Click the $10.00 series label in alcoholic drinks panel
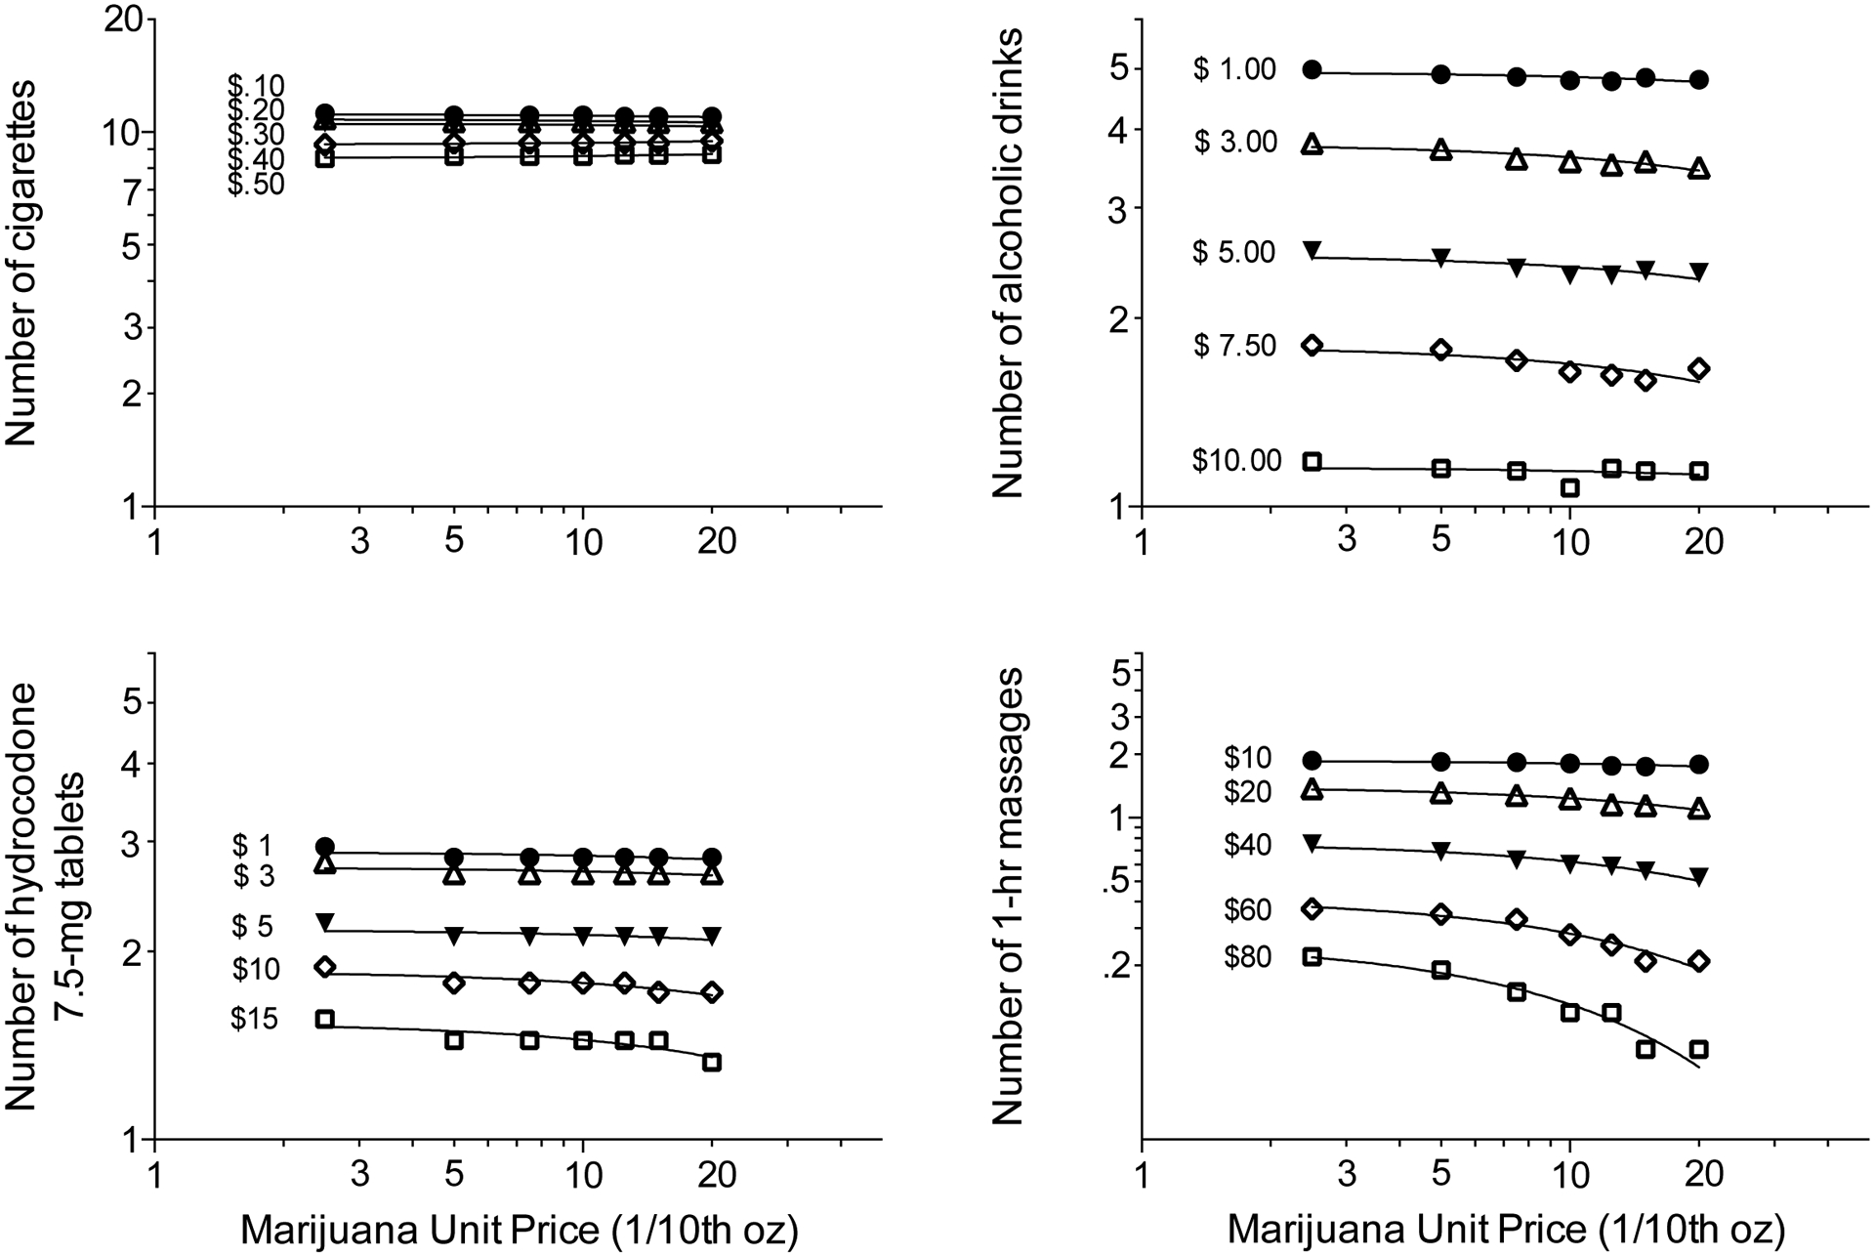(1236, 460)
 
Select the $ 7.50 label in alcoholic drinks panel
(1234, 346)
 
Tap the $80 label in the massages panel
(1247, 957)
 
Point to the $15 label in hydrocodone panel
(255, 1020)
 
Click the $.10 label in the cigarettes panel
(256, 86)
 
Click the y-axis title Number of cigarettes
(21, 264)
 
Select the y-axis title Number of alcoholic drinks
(1008, 264)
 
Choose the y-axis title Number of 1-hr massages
(1008, 896)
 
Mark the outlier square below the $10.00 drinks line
(1570, 487)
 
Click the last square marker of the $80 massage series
(1699, 1049)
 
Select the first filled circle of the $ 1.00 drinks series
(1312, 69)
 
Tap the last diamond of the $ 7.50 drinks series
(1699, 368)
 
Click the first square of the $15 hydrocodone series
(325, 1019)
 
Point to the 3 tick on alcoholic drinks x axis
(1348, 540)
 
